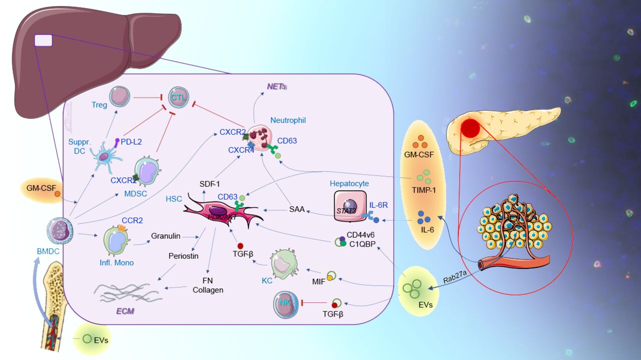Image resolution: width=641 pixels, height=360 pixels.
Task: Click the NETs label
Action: pyautogui.click(x=277, y=86)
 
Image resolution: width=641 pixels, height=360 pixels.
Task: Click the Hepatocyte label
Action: pyautogui.click(x=349, y=184)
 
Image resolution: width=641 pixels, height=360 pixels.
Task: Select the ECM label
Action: pyautogui.click(x=125, y=311)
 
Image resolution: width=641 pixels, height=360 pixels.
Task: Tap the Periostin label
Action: pyautogui.click(x=183, y=256)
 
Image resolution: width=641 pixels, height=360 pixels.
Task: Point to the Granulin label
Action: pyautogui.click(x=166, y=235)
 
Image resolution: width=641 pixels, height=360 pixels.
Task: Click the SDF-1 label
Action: pyautogui.click(x=209, y=184)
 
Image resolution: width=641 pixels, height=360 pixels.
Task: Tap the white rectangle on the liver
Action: pyautogui.click(x=43, y=40)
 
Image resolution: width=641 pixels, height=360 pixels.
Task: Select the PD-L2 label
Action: pyautogui.click(x=131, y=142)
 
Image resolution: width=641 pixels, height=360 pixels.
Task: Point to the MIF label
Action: pyautogui.click(x=318, y=281)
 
